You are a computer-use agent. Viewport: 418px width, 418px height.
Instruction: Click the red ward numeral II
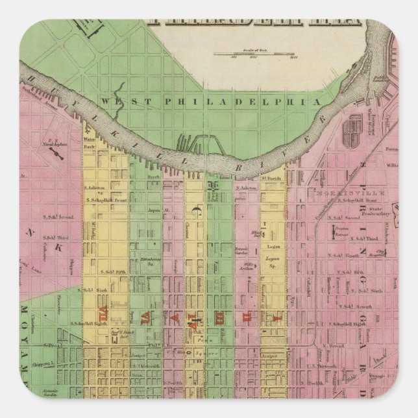246,316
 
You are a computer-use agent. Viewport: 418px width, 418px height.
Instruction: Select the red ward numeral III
219,316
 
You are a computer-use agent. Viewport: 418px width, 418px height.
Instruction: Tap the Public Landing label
380,79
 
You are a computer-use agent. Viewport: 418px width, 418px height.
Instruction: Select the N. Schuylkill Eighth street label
347,323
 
